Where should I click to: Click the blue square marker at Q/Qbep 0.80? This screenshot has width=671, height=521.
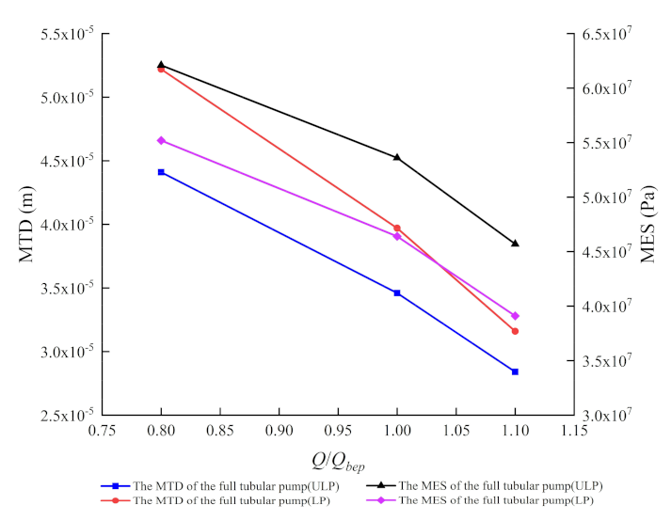pyautogui.click(x=161, y=172)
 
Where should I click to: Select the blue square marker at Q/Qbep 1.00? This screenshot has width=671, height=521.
pyautogui.click(x=397, y=293)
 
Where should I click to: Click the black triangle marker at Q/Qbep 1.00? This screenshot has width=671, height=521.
pyautogui.click(x=397, y=157)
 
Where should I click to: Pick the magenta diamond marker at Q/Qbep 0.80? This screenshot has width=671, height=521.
pyautogui.click(x=161, y=140)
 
